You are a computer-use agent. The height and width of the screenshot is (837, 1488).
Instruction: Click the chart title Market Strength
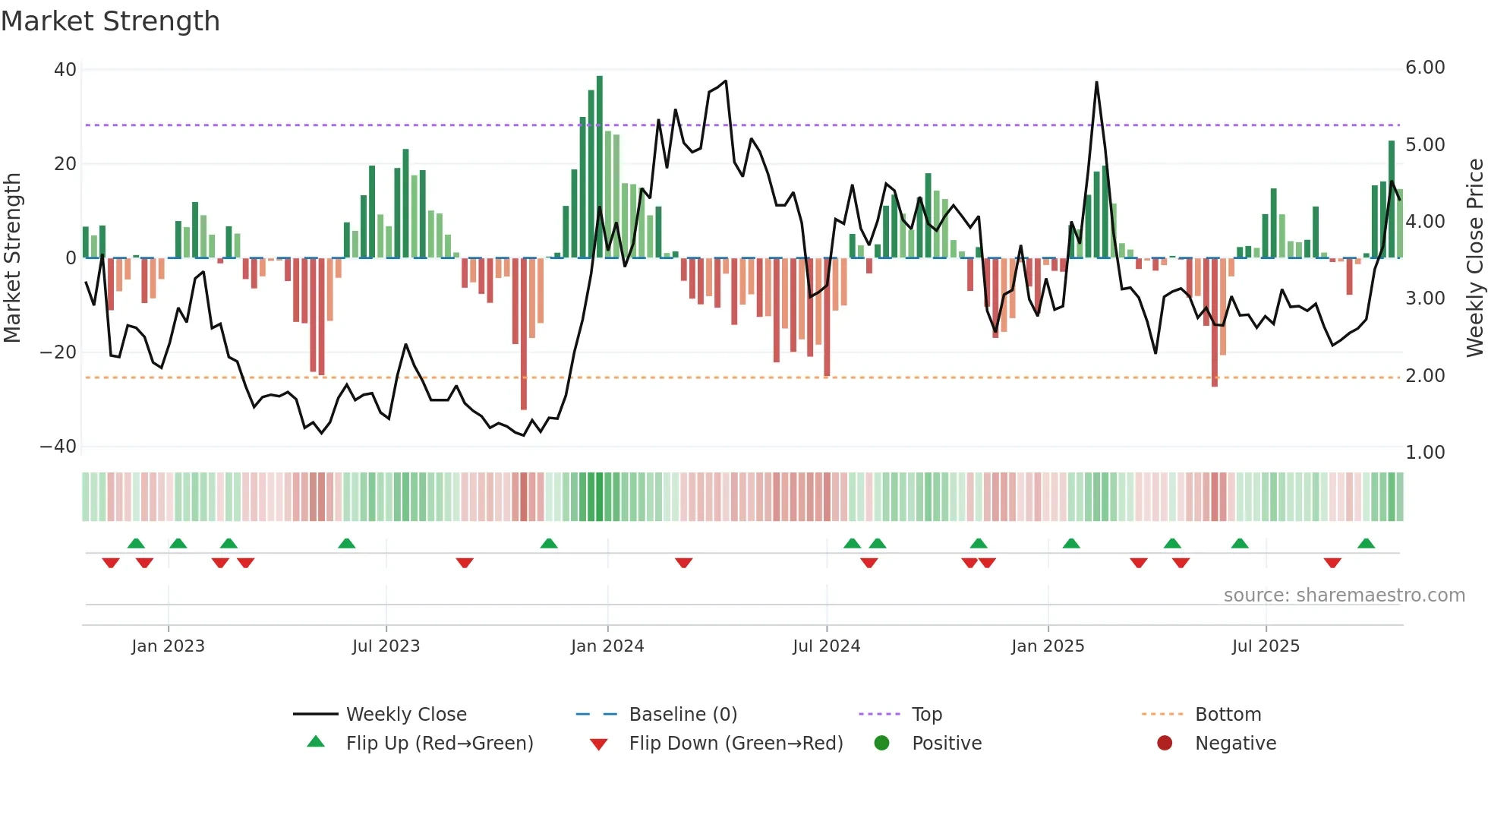pyautogui.click(x=110, y=21)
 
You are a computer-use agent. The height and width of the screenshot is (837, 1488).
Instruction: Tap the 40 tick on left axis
pyautogui.click(x=65, y=70)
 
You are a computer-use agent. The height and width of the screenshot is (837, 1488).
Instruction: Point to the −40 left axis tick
pyautogui.click(x=58, y=447)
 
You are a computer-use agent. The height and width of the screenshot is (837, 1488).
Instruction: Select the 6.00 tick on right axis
pyautogui.click(x=1425, y=68)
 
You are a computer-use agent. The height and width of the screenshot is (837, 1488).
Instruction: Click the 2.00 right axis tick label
pyautogui.click(x=1425, y=376)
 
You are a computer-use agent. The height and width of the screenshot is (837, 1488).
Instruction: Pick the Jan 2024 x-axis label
pyautogui.click(x=607, y=646)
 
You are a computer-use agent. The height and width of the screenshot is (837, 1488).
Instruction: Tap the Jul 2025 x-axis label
pyautogui.click(x=1266, y=646)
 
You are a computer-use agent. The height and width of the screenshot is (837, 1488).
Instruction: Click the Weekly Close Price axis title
pyautogui.click(x=1474, y=258)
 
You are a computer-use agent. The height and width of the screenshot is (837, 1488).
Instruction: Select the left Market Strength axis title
pyautogui.click(x=12, y=258)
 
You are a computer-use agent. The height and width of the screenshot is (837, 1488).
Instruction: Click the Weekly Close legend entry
pyautogui.click(x=406, y=715)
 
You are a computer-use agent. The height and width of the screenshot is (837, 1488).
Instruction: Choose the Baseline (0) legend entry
pyautogui.click(x=683, y=715)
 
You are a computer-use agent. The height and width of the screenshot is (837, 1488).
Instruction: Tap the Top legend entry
pyautogui.click(x=926, y=715)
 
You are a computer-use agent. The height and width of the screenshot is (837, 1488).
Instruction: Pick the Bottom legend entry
pyautogui.click(x=1228, y=715)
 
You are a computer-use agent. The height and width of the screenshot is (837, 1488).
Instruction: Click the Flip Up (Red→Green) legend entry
pyautogui.click(x=439, y=744)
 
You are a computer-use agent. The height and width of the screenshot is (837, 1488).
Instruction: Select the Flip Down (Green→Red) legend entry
pyautogui.click(x=736, y=744)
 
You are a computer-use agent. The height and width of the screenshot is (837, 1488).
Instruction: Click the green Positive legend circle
pyautogui.click(x=881, y=744)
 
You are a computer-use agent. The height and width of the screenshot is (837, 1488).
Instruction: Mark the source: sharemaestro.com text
pyautogui.click(x=1344, y=595)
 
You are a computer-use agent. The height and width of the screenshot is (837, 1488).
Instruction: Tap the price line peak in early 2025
pyautogui.click(x=1096, y=83)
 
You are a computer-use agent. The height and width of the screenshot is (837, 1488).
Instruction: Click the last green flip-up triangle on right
pyautogui.click(x=1366, y=544)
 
